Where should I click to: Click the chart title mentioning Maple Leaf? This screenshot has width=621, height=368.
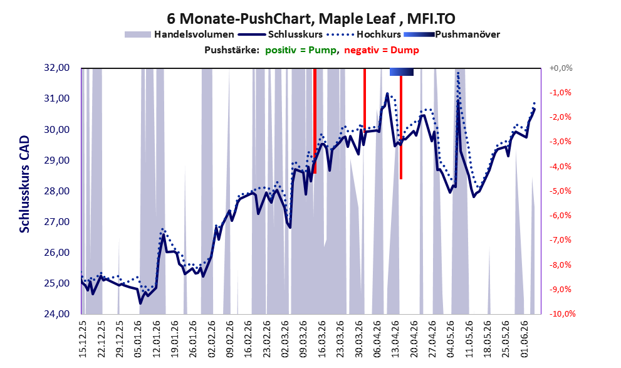[x=311, y=18]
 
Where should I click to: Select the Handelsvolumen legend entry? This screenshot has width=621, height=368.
[x=179, y=34]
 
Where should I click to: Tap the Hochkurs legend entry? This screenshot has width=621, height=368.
[x=364, y=34]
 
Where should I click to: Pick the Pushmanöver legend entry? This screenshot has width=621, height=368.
[x=452, y=34]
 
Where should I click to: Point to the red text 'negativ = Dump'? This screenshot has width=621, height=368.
[x=382, y=50]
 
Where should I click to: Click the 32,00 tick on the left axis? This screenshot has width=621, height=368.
[x=56, y=68]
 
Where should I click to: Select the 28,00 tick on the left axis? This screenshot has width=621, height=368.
[x=56, y=191]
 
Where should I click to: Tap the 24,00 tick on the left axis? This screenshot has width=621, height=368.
[x=56, y=313]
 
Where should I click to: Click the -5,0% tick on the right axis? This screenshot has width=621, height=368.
[x=560, y=191]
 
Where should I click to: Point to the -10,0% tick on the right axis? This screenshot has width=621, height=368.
[x=562, y=313]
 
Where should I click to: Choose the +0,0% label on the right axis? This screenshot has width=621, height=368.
[x=561, y=68]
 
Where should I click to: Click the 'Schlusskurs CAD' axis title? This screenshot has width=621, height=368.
[x=24, y=184]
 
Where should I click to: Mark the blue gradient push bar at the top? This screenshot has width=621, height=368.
[x=402, y=71]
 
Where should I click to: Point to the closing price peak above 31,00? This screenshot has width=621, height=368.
[x=387, y=93]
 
